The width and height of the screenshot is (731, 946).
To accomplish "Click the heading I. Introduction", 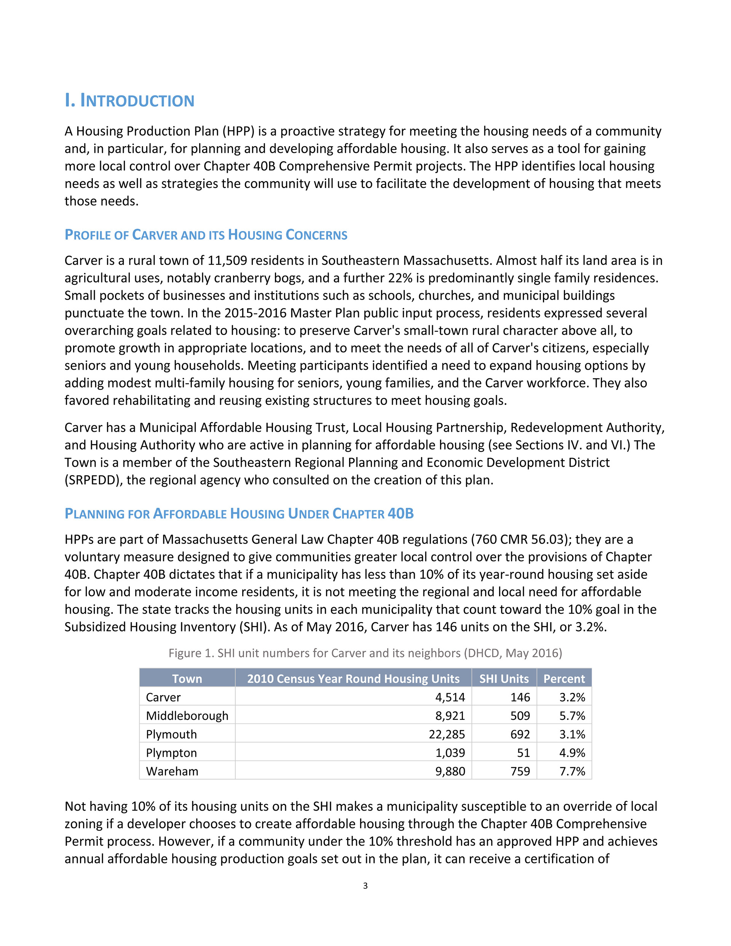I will pyautogui.click(x=129, y=101).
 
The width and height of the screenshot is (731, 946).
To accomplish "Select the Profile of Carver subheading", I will pyautogui.click(x=206, y=235).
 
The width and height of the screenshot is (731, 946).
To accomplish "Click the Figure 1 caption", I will pyautogui.click(x=365, y=653).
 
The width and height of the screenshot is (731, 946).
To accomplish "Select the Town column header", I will pyautogui.click(x=187, y=678).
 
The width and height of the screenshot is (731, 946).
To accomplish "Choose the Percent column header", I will pyautogui.click(x=564, y=678).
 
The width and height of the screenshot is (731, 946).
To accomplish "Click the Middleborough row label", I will pyautogui.click(x=187, y=716).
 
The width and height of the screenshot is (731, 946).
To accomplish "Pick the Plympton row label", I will pyautogui.click(x=171, y=753).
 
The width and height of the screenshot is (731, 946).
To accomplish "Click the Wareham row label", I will pyautogui.click(x=172, y=771).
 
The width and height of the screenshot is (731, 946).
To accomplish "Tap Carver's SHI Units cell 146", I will pyautogui.click(x=520, y=697).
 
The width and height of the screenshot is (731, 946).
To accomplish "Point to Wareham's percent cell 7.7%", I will pyautogui.click(x=572, y=771).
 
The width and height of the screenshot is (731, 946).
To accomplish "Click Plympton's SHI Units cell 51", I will pyautogui.click(x=524, y=753).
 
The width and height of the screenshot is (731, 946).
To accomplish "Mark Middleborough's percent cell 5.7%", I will pyautogui.click(x=572, y=716).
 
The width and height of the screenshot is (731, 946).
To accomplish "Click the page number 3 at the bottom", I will pyautogui.click(x=365, y=886).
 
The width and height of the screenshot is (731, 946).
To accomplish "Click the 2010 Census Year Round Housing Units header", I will pyautogui.click(x=353, y=678).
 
